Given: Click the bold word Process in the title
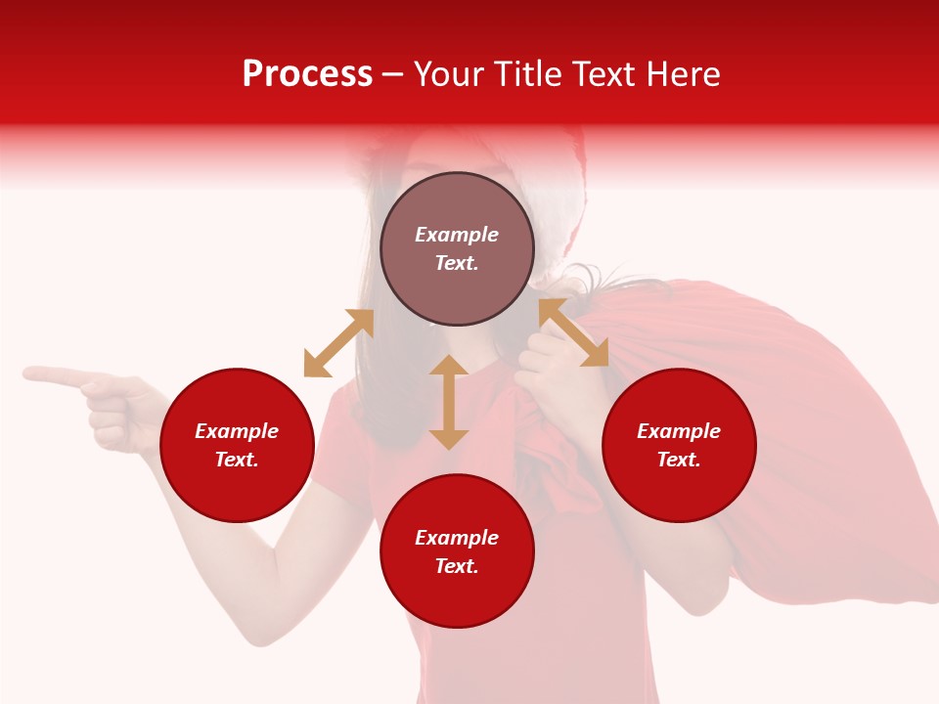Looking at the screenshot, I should [307, 74].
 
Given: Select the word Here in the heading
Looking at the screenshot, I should [684, 74].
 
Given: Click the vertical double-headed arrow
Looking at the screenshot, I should [449, 402].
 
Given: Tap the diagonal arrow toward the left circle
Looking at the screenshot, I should [338, 343].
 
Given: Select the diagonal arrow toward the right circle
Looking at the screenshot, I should [573, 332].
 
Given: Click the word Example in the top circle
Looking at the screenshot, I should [457, 235].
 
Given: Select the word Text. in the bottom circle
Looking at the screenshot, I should [457, 566].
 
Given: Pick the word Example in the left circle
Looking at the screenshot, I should [237, 431].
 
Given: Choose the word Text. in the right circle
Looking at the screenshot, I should [679, 460].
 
